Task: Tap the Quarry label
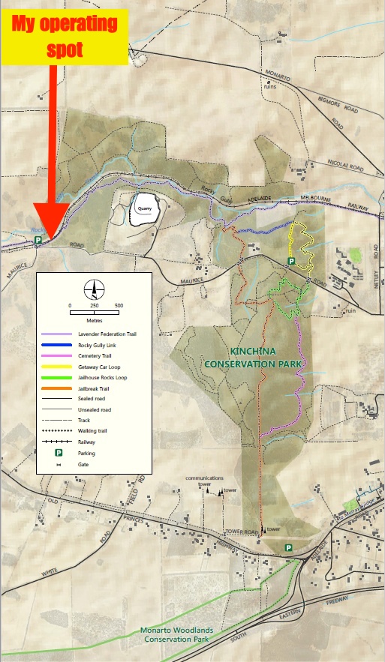pyautogui.click(x=144, y=209)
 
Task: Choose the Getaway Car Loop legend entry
pyautogui.click(x=99, y=367)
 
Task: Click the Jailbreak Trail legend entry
pyautogui.click(x=94, y=388)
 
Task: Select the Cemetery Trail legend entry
pyautogui.click(x=95, y=356)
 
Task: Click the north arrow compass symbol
pyautogui.click(x=94, y=288)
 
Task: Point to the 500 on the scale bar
pyautogui.click(x=119, y=306)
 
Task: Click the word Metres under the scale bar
pyautogui.click(x=94, y=319)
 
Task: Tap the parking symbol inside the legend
pyautogui.click(x=56, y=454)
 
